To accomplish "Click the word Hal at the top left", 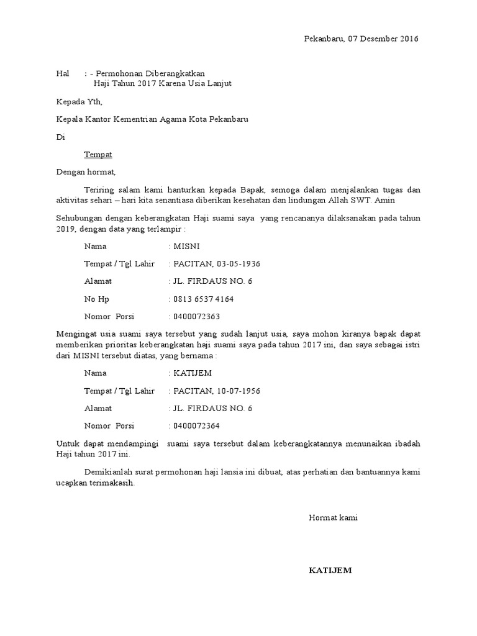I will (x=62, y=73).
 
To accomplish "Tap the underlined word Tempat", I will (x=98, y=154).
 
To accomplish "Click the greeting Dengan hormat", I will (x=86, y=172).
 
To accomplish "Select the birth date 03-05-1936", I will (x=239, y=264).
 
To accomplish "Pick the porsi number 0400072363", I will (x=197, y=317).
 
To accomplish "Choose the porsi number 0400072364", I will (x=197, y=426).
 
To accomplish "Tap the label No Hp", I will (x=96, y=299).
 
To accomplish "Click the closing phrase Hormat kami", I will (x=333, y=517).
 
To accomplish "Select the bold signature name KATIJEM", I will (x=330, y=570).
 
